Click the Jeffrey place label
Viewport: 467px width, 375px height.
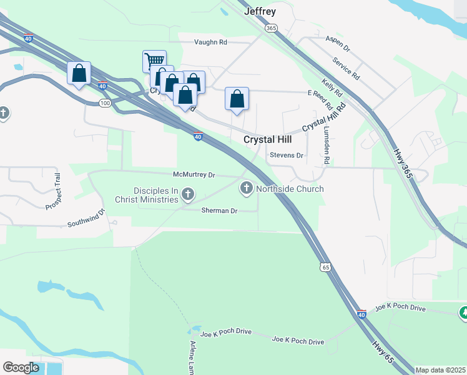(260, 12)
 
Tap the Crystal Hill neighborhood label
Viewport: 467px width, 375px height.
(267, 140)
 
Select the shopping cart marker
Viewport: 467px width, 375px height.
(154, 61)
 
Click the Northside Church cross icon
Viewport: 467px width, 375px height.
(247, 187)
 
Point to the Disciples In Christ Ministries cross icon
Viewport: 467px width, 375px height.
(187, 195)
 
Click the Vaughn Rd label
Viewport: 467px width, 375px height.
(210, 42)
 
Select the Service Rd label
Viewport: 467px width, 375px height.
(346, 68)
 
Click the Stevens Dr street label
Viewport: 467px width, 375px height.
(287, 155)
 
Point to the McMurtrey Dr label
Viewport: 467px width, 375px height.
(194, 175)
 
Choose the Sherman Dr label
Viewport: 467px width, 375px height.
(219, 211)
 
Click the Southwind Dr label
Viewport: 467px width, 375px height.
(87, 221)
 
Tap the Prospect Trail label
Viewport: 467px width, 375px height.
(55, 191)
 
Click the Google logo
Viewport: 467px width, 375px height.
(21, 367)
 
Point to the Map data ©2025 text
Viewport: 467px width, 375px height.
(440, 370)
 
